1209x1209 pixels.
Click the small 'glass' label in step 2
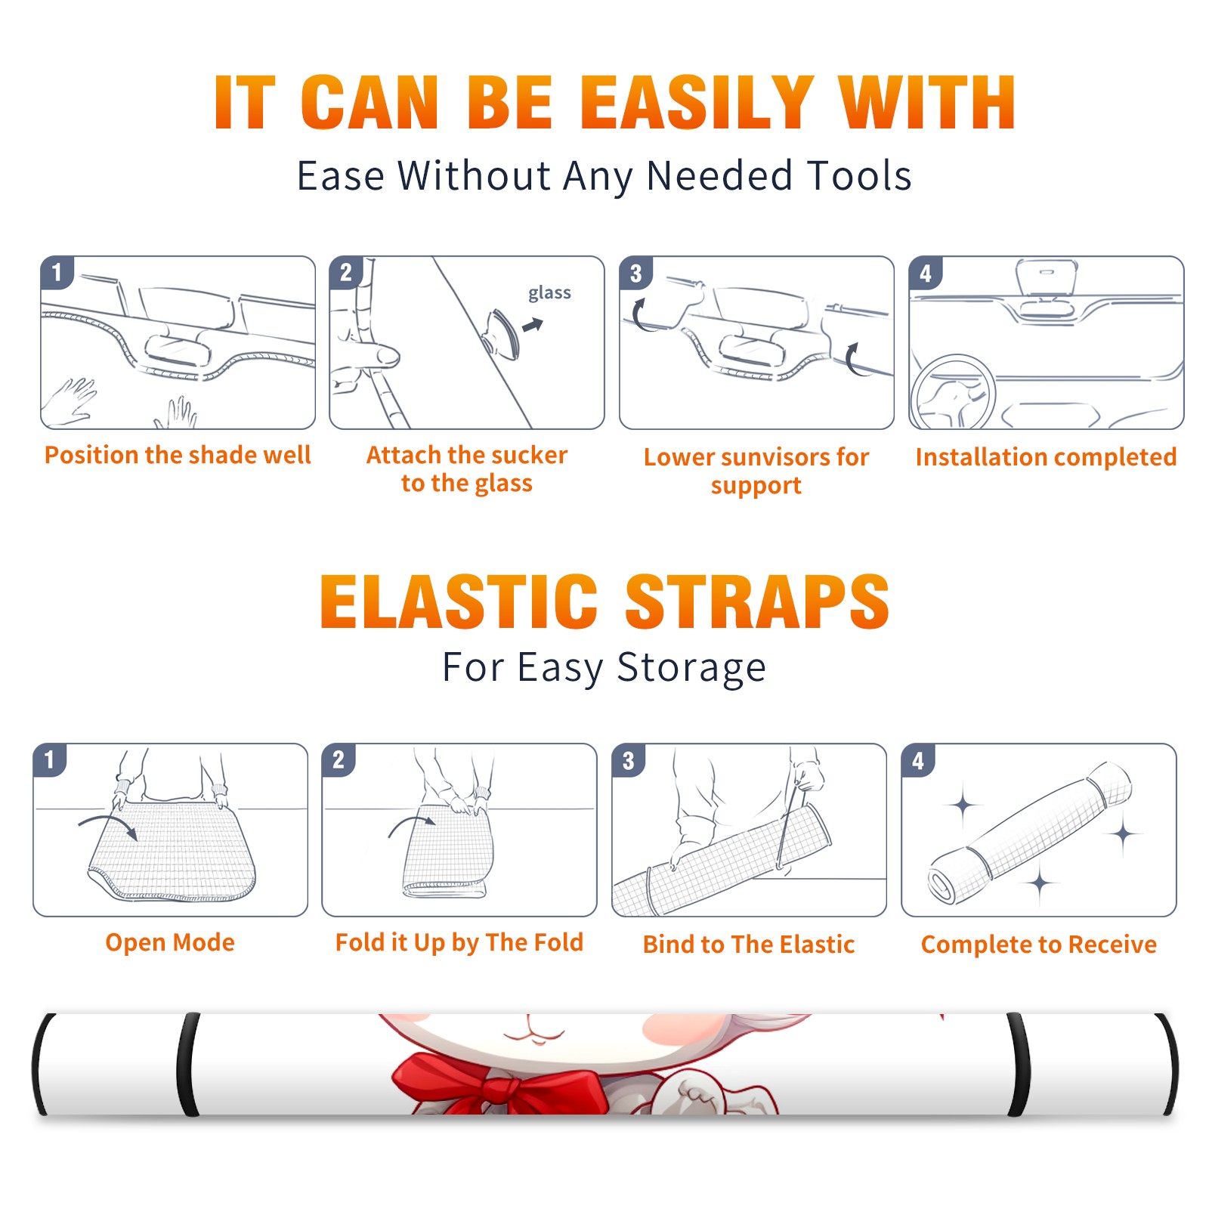[549, 293]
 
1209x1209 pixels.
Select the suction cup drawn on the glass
[502, 334]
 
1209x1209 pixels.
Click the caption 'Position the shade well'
[178, 455]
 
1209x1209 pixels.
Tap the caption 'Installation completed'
[1046, 457]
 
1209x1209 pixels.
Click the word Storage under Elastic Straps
[691, 668]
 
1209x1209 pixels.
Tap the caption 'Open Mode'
[170, 942]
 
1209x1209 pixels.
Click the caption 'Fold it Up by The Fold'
[459, 943]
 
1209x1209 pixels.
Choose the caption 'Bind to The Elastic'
[749, 945]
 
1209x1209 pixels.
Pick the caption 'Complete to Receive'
[1039, 945]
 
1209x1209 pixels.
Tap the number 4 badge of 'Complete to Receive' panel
[918, 760]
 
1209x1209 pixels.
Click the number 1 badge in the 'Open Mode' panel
[50, 760]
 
